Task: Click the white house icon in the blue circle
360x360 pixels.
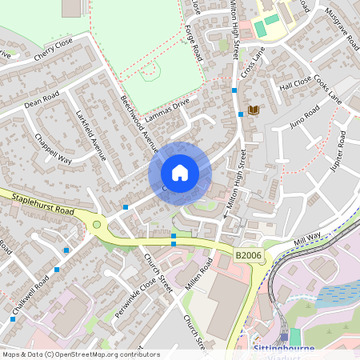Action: [x=180, y=173]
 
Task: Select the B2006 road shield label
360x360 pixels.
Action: [x=247, y=254]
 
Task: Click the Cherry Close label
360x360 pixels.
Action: [x=54, y=49]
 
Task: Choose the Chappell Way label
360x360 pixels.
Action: [x=53, y=149]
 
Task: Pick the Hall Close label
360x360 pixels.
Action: [x=295, y=83]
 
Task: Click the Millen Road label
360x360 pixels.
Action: [x=199, y=274]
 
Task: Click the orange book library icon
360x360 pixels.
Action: [x=254, y=110]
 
